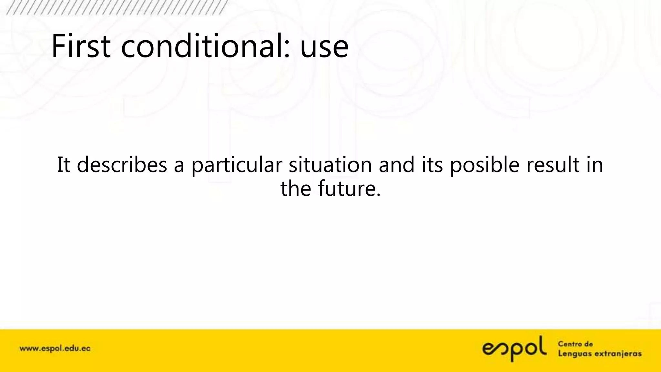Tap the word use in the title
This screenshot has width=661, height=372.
pyautogui.click(x=324, y=48)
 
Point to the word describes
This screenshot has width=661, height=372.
pyautogui.click(x=122, y=165)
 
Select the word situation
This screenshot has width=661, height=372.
pyautogui.click(x=330, y=165)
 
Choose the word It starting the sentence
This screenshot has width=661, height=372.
pyautogui.click(x=64, y=165)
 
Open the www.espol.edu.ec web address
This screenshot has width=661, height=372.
pyautogui.click(x=55, y=349)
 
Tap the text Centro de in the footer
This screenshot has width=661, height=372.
pyautogui.click(x=575, y=344)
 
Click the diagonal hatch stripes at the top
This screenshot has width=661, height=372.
pyautogui.click(x=116, y=7)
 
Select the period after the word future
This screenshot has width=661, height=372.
pyautogui.click(x=379, y=195)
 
